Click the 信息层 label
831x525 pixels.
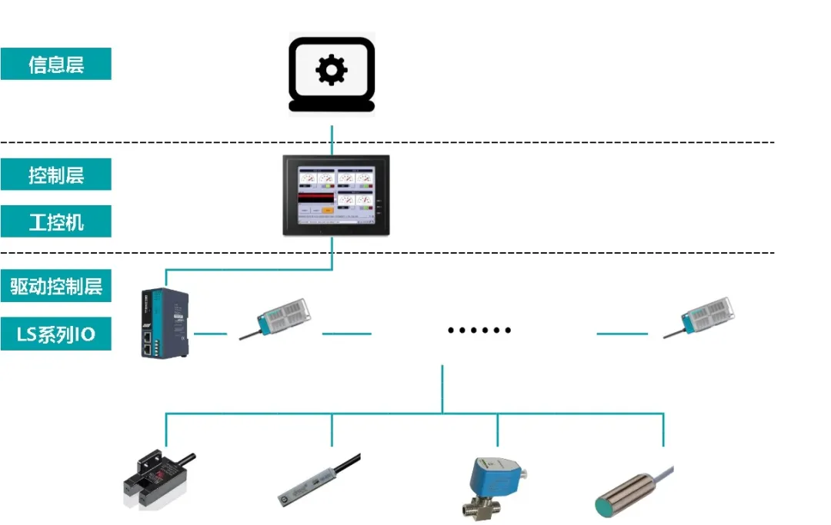pyautogui.click(x=55, y=64)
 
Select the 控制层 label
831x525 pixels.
pyautogui.click(x=55, y=174)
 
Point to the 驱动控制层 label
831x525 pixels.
pyautogui.click(x=55, y=287)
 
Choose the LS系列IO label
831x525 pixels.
pyautogui.click(x=55, y=334)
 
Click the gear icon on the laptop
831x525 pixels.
pyautogui.click(x=332, y=70)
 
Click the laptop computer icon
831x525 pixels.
pyautogui.click(x=332, y=74)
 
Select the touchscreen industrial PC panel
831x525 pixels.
pyautogui.click(x=335, y=195)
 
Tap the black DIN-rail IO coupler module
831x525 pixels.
pyautogui.click(x=164, y=323)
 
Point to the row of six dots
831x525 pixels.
pyautogui.click(x=479, y=331)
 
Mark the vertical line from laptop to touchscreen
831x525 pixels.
pyautogui.click(x=332, y=139)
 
